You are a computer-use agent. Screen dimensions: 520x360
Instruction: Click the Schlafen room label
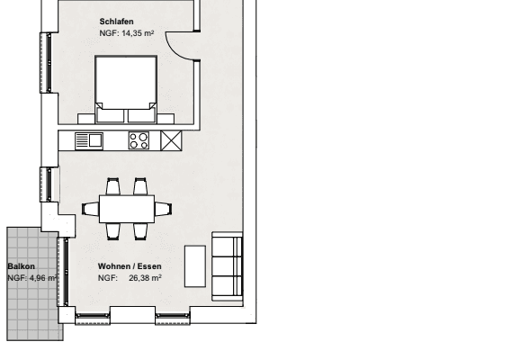(116, 22)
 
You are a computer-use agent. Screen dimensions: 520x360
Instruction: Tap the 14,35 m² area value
(138, 33)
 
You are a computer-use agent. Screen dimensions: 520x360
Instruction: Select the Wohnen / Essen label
(130, 266)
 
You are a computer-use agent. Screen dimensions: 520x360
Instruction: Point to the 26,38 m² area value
(145, 278)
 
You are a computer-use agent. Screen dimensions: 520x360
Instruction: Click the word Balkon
(22, 266)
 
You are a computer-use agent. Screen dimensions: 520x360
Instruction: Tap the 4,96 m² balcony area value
(43, 278)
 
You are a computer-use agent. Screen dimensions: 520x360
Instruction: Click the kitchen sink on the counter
(89, 141)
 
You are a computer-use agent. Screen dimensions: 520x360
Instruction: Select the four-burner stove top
(139, 140)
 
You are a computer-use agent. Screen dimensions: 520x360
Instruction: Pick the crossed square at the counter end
(171, 140)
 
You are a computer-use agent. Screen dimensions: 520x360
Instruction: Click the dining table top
(127, 209)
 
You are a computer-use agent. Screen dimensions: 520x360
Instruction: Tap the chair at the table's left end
(91, 209)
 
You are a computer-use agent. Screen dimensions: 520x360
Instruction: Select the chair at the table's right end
(163, 209)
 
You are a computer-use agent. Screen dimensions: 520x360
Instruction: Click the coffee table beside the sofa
(195, 266)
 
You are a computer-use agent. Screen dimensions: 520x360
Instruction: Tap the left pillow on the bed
(110, 115)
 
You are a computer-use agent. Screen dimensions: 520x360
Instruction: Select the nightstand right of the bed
(166, 119)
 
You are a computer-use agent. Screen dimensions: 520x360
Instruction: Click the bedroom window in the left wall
(47, 62)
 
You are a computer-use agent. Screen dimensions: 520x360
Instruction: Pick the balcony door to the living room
(63, 272)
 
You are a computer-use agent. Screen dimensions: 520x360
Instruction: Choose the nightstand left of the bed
(86, 119)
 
